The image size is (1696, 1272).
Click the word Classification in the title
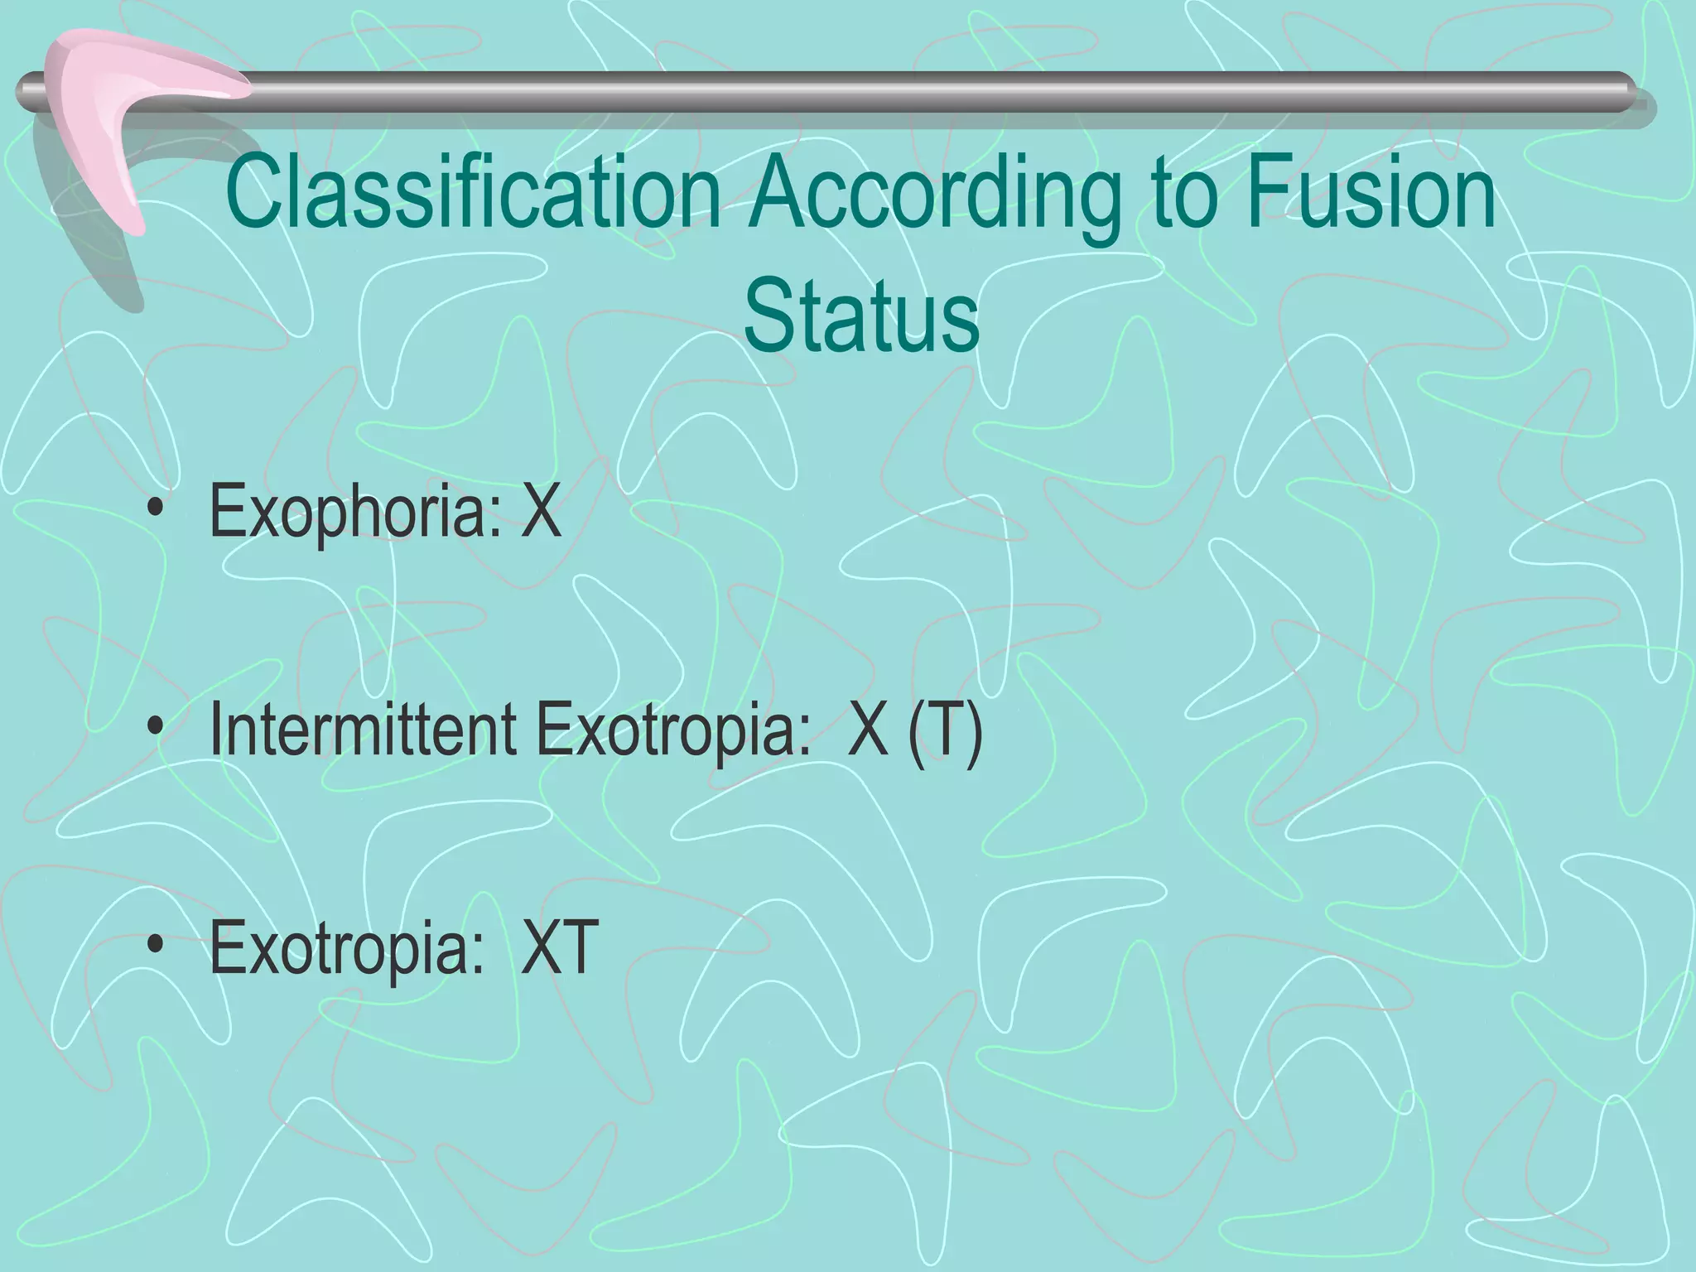coord(473,194)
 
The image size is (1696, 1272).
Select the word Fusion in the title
coord(1370,194)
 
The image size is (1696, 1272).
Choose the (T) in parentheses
coord(945,730)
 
